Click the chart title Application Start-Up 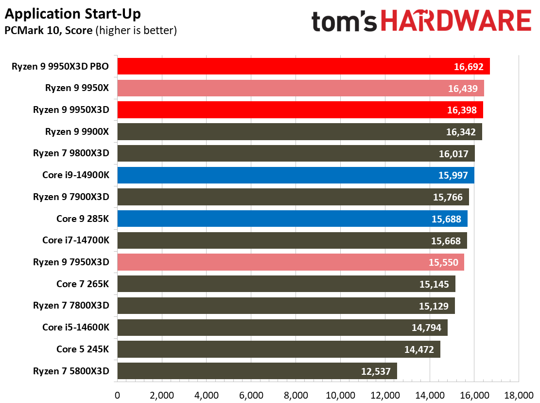click(x=73, y=14)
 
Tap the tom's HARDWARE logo click(x=421, y=20)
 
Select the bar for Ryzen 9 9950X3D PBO click(x=303, y=66)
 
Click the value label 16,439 click(x=463, y=89)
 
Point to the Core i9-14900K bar click(x=296, y=175)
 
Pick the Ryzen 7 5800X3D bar click(x=257, y=371)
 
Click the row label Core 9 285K click(x=83, y=219)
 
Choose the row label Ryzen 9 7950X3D click(x=71, y=262)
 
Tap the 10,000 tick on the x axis click(x=340, y=395)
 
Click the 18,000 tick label click(x=519, y=395)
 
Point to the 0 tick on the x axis click(x=118, y=395)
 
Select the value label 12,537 click(x=376, y=371)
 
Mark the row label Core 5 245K click(x=83, y=349)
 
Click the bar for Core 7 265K click(x=286, y=284)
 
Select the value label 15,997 click(x=453, y=175)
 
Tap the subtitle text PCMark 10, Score click(x=49, y=30)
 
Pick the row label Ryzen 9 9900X click(x=77, y=131)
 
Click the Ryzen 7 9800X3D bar click(x=296, y=153)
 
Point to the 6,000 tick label click(x=251, y=395)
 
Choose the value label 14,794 click(x=426, y=328)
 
